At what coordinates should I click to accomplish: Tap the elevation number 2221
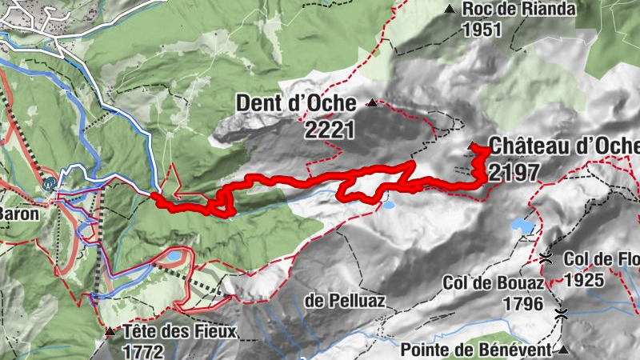pyautogui.click(x=328, y=130)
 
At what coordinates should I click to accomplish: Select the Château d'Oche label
pyautogui.click(x=563, y=146)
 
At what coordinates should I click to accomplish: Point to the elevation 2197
pyautogui.click(x=512, y=170)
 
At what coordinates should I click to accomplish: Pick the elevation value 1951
pyautogui.click(x=482, y=30)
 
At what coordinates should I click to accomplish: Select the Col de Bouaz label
pyautogui.click(x=493, y=283)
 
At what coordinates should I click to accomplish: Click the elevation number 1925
pyautogui.click(x=586, y=280)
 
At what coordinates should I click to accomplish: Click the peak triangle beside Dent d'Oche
pyautogui.click(x=373, y=103)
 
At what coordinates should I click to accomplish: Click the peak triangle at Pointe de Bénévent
pyautogui.click(x=563, y=350)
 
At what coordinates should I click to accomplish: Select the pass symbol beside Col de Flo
pyautogui.click(x=546, y=258)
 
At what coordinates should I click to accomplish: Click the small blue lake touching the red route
pyautogui.click(x=388, y=205)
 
